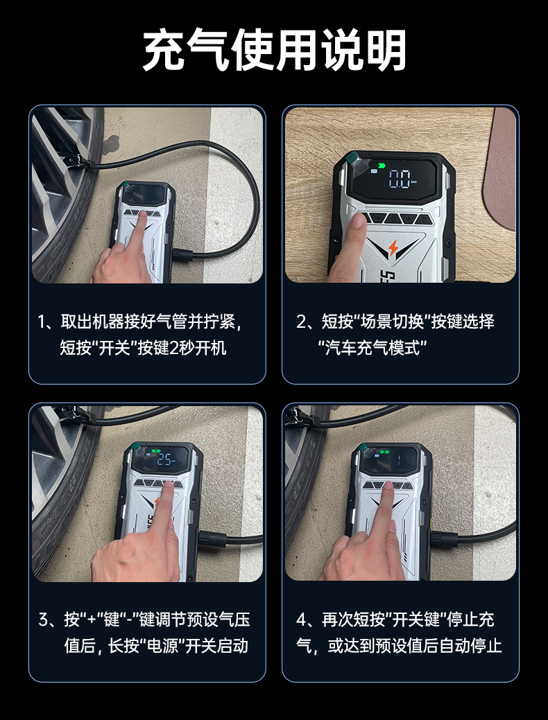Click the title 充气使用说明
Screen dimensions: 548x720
click(275, 50)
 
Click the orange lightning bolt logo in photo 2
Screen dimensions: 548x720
click(393, 247)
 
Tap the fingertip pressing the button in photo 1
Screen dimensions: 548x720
click(142, 215)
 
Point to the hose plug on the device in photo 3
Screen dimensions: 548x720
click(212, 538)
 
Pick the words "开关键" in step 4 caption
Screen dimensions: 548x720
click(418, 620)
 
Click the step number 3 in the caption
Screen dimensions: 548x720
click(44, 620)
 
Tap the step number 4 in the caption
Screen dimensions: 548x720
click(302, 620)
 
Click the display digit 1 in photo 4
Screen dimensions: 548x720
click(399, 459)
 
